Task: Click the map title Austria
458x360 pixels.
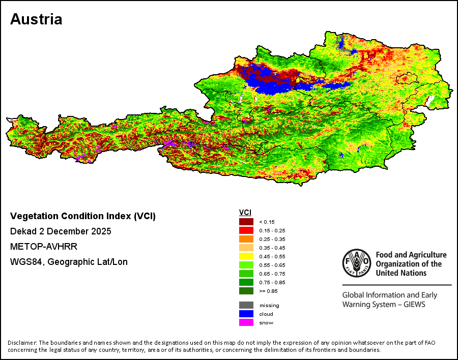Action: (x=36, y=19)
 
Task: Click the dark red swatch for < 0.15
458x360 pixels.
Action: (x=246, y=222)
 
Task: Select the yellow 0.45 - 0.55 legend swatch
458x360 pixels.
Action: (x=246, y=256)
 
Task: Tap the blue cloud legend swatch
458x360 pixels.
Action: (x=246, y=314)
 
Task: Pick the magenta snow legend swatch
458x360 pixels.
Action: (x=246, y=323)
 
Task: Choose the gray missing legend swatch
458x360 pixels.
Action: (x=246, y=305)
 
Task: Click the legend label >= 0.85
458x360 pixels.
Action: (x=268, y=291)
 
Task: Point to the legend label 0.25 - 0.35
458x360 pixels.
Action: (x=272, y=239)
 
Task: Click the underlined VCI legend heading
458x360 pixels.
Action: (x=245, y=213)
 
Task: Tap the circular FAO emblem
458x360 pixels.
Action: (x=357, y=263)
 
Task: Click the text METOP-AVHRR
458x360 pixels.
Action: (x=44, y=247)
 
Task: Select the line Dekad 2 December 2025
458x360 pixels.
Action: (x=61, y=231)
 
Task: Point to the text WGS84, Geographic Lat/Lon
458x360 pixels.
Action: (x=69, y=262)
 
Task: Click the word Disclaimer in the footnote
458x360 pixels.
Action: (x=22, y=343)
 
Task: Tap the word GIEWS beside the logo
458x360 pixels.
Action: (x=414, y=305)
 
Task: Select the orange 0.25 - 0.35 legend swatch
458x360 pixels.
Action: (x=246, y=239)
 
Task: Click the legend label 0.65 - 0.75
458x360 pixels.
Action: (x=272, y=274)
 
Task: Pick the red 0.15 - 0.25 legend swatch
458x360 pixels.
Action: (x=246, y=230)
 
